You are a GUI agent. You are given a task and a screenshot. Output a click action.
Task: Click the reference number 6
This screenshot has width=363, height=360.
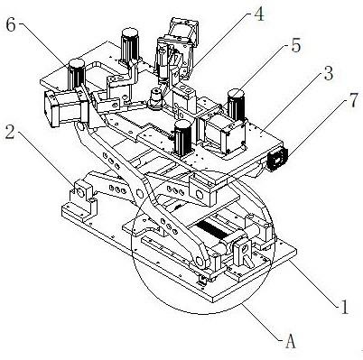[11, 25]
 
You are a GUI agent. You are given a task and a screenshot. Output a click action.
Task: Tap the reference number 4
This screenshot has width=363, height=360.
[258, 14]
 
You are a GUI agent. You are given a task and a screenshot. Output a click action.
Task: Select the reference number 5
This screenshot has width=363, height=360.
[295, 46]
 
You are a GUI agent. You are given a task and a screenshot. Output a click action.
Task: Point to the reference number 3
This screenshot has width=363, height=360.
[328, 73]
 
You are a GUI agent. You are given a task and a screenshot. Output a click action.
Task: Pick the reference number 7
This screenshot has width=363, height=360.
[353, 100]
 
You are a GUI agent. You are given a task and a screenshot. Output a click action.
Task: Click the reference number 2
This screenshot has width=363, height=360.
[9, 132]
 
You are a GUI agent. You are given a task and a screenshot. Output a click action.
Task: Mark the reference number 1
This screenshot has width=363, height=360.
[343, 308]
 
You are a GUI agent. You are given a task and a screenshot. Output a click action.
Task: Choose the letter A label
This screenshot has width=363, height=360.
[290, 341]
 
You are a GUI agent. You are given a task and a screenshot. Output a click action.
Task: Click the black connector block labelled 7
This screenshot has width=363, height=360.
[277, 159]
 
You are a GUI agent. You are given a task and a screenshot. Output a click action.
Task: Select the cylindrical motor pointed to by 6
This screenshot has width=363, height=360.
[77, 74]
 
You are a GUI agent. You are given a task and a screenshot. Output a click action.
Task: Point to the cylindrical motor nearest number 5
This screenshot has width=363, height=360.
[237, 105]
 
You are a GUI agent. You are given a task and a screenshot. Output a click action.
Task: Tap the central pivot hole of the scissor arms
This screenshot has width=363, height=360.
[139, 192]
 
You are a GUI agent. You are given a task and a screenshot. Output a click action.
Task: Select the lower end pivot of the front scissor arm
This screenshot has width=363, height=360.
[199, 261]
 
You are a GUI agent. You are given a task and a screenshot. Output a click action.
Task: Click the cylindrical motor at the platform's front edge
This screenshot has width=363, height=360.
[182, 137]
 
